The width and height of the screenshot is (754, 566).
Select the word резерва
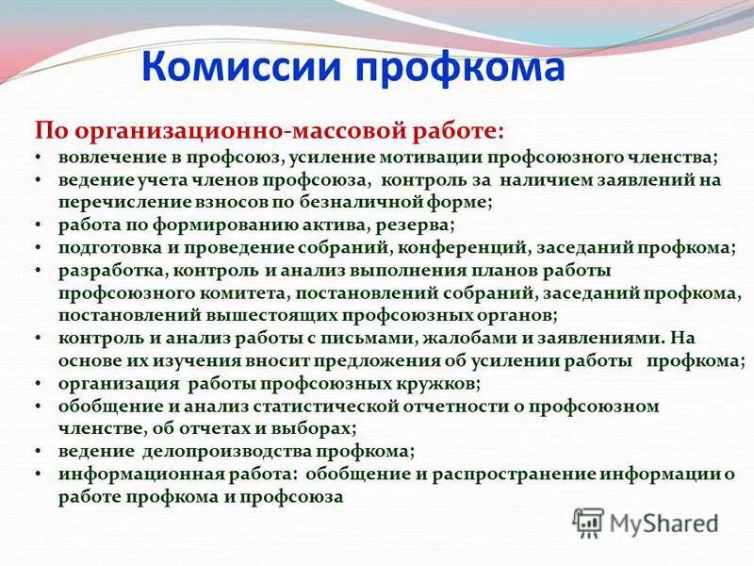click(420, 225)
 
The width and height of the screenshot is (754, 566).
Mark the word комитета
click(247, 293)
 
